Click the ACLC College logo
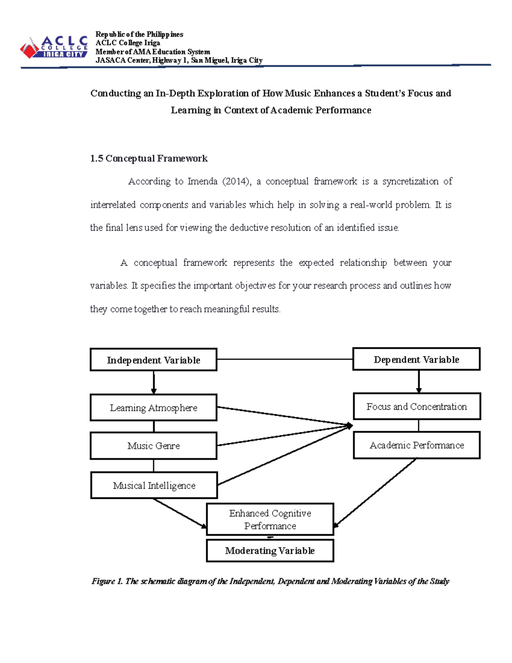click(54, 47)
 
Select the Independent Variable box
click(154, 360)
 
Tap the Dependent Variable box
click(416, 359)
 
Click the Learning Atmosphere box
click(154, 408)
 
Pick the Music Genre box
click(154, 446)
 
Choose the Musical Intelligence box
click(154, 485)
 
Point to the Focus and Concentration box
click(416, 406)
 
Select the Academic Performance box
click(416, 445)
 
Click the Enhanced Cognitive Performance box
click(270, 519)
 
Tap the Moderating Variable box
click(270, 551)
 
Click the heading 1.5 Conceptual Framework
click(148, 158)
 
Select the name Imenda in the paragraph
click(203, 181)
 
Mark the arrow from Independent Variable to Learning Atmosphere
click(154, 382)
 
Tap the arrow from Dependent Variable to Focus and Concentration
click(419, 382)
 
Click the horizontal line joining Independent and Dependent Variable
click(285, 359)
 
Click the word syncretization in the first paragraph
click(410, 181)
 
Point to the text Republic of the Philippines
click(139, 34)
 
